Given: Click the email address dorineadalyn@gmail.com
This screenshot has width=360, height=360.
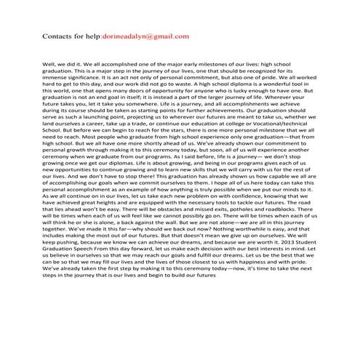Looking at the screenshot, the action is pos(145,36).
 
